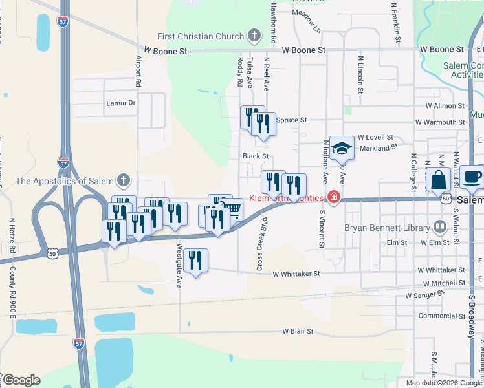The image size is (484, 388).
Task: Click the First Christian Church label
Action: click(201, 36)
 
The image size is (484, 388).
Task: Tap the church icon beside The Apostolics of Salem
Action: click(124, 180)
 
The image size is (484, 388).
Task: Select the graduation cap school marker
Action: click(342, 149)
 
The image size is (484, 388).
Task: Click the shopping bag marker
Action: click(439, 179)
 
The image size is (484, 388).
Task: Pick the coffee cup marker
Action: click(472, 177)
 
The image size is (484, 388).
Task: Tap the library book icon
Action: click(440, 227)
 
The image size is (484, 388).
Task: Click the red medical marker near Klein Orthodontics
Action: click(334, 197)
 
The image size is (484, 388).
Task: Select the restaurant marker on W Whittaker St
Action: click(195, 260)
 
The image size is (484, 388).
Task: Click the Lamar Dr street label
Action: click(121, 103)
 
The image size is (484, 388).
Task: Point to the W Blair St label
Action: click(297, 331)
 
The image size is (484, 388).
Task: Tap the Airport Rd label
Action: click(138, 70)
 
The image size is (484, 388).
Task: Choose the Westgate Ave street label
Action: click(179, 268)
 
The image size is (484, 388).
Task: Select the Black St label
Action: click(256, 156)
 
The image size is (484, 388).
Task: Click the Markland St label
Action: click(378, 148)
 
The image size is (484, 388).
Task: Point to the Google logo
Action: click(21, 380)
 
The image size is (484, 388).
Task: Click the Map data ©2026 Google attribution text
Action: click(443, 383)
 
